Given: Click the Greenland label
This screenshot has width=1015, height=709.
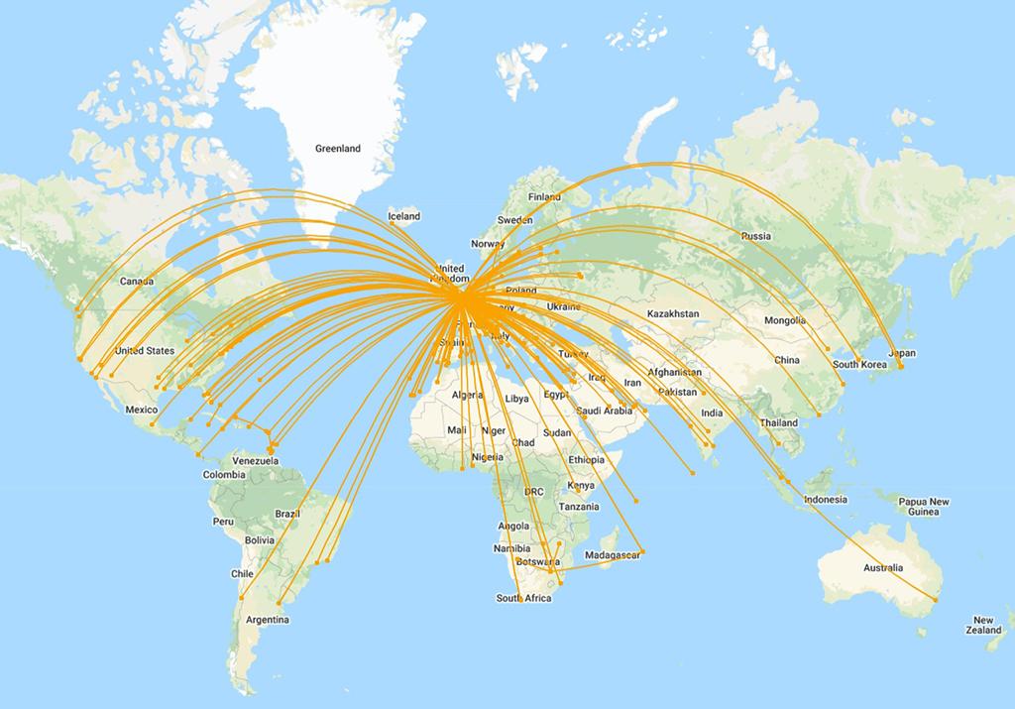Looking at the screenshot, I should pyautogui.click(x=337, y=149).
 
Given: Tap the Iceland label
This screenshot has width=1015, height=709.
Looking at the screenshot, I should pyautogui.click(x=404, y=216).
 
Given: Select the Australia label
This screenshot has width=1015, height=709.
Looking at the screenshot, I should pyautogui.click(x=882, y=568).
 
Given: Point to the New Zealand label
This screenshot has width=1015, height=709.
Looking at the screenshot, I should pyautogui.click(x=984, y=625).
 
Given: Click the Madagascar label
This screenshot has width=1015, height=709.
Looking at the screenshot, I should pyautogui.click(x=613, y=554).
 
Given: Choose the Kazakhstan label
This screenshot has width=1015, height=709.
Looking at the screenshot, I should pyautogui.click(x=672, y=313).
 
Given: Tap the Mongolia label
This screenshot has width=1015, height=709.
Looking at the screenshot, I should pyautogui.click(x=785, y=320).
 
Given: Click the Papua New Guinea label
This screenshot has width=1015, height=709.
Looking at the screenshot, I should pyautogui.click(x=924, y=506).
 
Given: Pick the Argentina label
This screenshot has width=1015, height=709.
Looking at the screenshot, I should pyautogui.click(x=268, y=620).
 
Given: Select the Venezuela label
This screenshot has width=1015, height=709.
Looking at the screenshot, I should pyautogui.click(x=254, y=461).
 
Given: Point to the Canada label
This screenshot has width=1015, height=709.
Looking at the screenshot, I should pyautogui.click(x=137, y=281).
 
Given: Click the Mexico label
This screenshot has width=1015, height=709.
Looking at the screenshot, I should pyautogui.click(x=142, y=410).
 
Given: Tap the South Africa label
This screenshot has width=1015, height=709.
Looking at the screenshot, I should pyautogui.click(x=523, y=598).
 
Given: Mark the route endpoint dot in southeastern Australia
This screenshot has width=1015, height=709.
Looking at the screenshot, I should pyautogui.click(x=935, y=600).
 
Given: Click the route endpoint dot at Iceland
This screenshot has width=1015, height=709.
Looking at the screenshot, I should pyautogui.click(x=394, y=223).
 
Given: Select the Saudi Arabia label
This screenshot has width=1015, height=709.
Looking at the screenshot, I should pyautogui.click(x=604, y=410).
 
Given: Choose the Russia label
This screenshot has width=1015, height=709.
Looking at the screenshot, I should pyautogui.click(x=755, y=236).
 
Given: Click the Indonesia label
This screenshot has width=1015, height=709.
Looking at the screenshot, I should pyautogui.click(x=825, y=500).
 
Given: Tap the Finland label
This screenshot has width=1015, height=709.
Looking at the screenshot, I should pyautogui.click(x=544, y=196).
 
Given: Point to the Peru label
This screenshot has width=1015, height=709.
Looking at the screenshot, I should pyautogui.click(x=222, y=522).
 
